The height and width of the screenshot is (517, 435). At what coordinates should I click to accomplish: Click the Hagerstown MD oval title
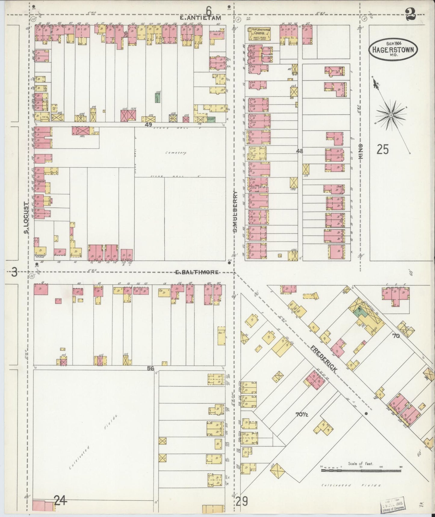(x=393, y=50)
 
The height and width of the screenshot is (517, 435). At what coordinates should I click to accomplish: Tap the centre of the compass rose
(x=391, y=115)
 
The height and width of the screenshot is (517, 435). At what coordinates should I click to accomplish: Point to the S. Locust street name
(x=27, y=217)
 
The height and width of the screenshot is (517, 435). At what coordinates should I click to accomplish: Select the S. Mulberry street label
(x=236, y=211)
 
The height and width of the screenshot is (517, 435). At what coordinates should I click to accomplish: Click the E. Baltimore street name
(x=197, y=272)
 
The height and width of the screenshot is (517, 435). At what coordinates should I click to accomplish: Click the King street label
(x=361, y=151)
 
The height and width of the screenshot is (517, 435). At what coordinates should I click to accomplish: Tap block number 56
(x=151, y=368)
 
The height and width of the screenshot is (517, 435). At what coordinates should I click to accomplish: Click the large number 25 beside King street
(x=383, y=149)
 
